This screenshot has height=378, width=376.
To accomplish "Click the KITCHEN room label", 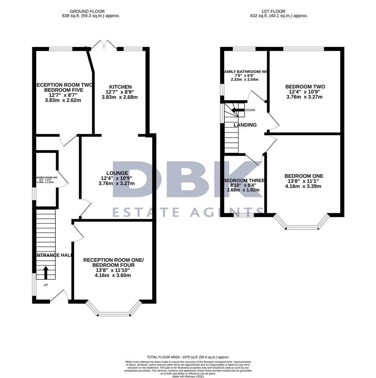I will point(120,87).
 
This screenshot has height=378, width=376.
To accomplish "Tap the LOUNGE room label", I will point(117,173).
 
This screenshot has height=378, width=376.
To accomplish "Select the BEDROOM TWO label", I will point(305,87).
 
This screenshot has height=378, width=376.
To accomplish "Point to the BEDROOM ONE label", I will point(304,176).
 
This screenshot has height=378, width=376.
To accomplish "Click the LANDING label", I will point(245,125).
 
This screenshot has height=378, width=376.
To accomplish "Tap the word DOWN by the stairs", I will point(250,110).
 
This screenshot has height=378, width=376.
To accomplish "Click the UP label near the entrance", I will point(46,285).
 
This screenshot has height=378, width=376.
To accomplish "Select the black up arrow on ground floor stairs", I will point(46,272).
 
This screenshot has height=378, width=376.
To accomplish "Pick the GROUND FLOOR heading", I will point(87,12).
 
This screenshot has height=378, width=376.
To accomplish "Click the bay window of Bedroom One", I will point(302,224).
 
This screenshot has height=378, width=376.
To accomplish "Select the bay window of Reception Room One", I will point(114,310).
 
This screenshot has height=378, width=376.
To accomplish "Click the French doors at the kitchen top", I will point(104,45).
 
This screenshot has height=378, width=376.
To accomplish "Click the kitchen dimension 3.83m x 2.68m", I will point(120,97).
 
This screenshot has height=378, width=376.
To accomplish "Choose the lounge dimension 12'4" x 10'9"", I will point(117,178).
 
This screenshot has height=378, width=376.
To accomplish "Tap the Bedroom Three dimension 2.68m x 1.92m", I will point(243,190).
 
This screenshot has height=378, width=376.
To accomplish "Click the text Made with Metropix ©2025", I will point(188,376).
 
